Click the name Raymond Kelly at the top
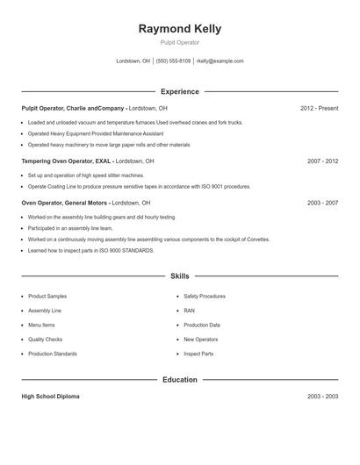(180, 28)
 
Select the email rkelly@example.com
(220, 61)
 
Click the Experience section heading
(180, 91)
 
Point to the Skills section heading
(180, 275)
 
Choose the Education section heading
(180, 380)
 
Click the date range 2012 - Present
(319, 108)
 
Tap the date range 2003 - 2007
(322, 203)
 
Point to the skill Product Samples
(47, 297)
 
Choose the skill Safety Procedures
(205, 297)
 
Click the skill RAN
(189, 311)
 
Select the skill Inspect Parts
(198, 354)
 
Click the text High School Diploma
(50, 397)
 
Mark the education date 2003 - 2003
(322, 397)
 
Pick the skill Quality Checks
(46, 339)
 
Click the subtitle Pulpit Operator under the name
(180, 42)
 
